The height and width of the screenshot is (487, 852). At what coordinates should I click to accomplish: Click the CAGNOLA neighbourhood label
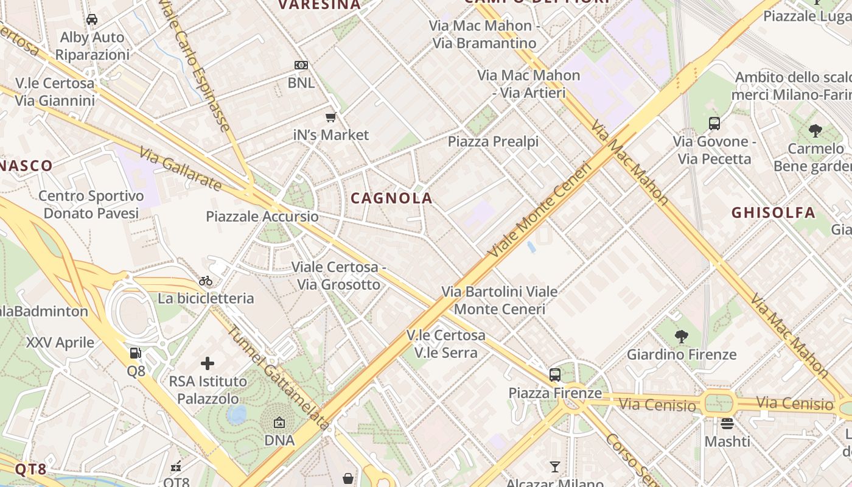coord(391,198)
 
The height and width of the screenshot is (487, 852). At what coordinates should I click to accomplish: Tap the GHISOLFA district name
coord(773,212)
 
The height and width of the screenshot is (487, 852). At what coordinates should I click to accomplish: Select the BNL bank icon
coord(301,65)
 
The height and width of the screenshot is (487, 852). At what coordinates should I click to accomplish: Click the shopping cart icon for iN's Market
coord(331,117)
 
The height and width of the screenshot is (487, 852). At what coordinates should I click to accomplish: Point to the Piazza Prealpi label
coord(493,142)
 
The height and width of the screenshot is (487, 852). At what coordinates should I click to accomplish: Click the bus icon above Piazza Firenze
coord(555,375)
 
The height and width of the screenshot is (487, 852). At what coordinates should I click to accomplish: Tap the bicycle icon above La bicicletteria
coord(206,281)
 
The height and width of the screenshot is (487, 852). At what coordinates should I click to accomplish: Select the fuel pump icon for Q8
coord(136,352)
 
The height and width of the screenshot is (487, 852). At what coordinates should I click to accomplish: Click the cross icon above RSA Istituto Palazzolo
coord(208,363)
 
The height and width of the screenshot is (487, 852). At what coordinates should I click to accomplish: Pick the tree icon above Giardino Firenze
coord(682,336)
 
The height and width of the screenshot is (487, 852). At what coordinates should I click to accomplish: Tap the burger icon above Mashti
coord(727,423)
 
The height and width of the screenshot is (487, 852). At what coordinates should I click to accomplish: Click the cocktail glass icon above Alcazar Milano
coord(554,467)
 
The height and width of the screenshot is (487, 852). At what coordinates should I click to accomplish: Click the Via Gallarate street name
coord(180,169)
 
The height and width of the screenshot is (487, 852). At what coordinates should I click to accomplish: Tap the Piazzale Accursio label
coord(262,217)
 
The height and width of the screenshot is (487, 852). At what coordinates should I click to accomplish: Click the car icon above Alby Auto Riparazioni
coord(92,19)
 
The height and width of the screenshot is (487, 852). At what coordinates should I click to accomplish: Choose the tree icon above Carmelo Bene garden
coord(815,130)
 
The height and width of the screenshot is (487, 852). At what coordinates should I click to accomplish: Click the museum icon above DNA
coord(279,422)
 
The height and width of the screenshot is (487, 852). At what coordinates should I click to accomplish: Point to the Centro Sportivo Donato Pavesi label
coord(91,205)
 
